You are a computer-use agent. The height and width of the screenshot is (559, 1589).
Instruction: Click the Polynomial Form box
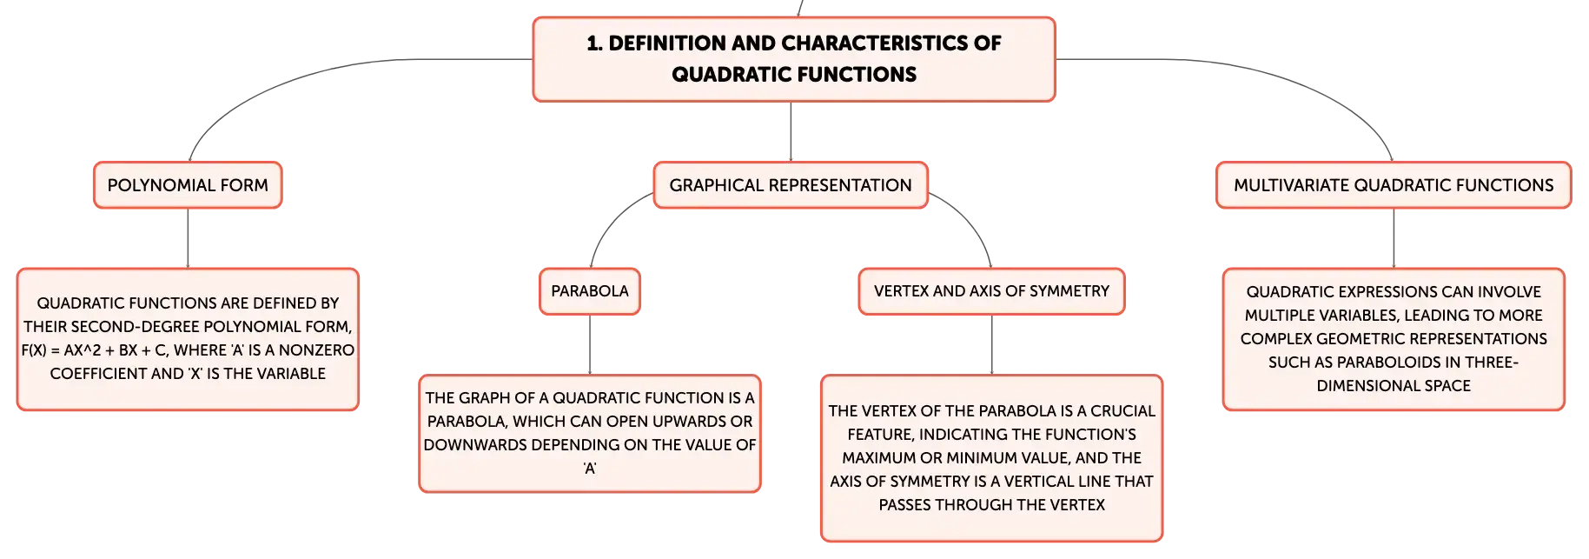(x=188, y=185)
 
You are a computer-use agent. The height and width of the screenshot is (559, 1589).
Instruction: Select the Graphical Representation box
(x=791, y=185)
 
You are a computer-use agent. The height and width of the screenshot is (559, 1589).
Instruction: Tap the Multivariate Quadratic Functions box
(x=1394, y=185)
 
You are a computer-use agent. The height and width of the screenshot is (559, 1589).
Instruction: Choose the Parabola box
(x=590, y=291)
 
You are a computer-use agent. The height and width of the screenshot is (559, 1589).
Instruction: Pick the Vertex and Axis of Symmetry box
(x=991, y=291)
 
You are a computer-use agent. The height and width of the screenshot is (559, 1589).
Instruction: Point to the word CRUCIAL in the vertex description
(x=1123, y=411)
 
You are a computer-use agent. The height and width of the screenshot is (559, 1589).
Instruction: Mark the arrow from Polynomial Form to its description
(x=188, y=238)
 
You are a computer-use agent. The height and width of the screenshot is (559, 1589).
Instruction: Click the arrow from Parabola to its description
(x=590, y=345)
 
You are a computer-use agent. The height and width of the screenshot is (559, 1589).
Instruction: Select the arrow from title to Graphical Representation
(x=791, y=131)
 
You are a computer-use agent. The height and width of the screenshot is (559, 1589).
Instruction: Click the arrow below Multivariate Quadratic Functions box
(x=1394, y=238)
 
